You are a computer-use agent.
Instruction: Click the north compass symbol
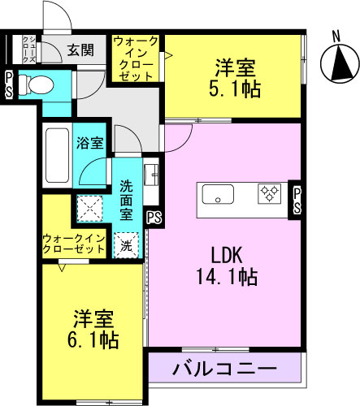pyautogui.click(x=340, y=63)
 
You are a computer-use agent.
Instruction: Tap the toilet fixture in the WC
pyautogui.click(x=36, y=85)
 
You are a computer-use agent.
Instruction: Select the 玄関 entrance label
pyautogui.click(x=80, y=50)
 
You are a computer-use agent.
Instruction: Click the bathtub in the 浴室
pyautogui.click(x=57, y=155)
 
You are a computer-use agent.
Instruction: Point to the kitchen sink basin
pyautogui.click(x=218, y=194)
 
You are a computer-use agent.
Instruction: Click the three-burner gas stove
pyautogui.click(x=269, y=193)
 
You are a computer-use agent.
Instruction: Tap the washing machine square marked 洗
pyautogui.click(x=126, y=245)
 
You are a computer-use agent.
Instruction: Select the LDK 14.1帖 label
pyautogui.click(x=227, y=266)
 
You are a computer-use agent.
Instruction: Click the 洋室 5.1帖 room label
pyautogui.click(x=235, y=78)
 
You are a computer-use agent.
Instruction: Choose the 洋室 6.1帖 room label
pyautogui.click(x=93, y=329)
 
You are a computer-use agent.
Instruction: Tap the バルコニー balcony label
pyautogui.click(x=225, y=368)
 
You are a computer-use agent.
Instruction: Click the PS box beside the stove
pyautogui.click(x=297, y=201)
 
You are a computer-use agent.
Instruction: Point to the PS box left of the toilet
pyautogui.click(x=9, y=84)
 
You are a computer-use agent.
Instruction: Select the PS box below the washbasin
pyautogui.click(x=154, y=218)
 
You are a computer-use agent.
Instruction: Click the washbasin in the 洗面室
pyautogui.click(x=151, y=175)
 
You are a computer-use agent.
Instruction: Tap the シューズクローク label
pyautogui.click(x=28, y=50)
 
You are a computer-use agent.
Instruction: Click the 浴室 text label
pyautogui.click(x=90, y=143)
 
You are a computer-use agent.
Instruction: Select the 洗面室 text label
pyautogui.click(x=126, y=201)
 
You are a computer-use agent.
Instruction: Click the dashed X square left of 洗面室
pyautogui.click(x=89, y=209)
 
